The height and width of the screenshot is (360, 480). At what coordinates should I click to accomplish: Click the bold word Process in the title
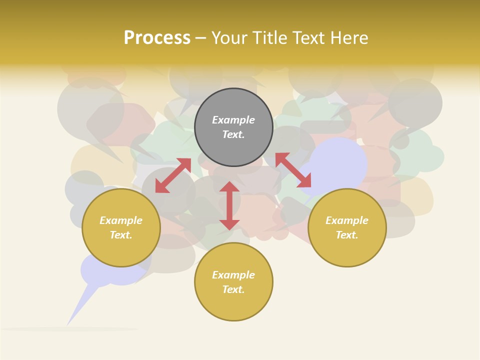tap(157, 38)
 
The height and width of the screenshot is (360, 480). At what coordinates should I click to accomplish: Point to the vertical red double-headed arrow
tap(229, 205)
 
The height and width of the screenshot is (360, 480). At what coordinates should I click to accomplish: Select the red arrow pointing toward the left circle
tap(173, 175)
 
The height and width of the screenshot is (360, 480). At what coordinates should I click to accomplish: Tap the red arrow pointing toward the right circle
tap(293, 170)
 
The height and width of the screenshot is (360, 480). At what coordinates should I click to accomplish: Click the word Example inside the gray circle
tap(233, 120)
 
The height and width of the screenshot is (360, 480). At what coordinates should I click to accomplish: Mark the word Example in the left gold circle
tap(121, 220)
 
